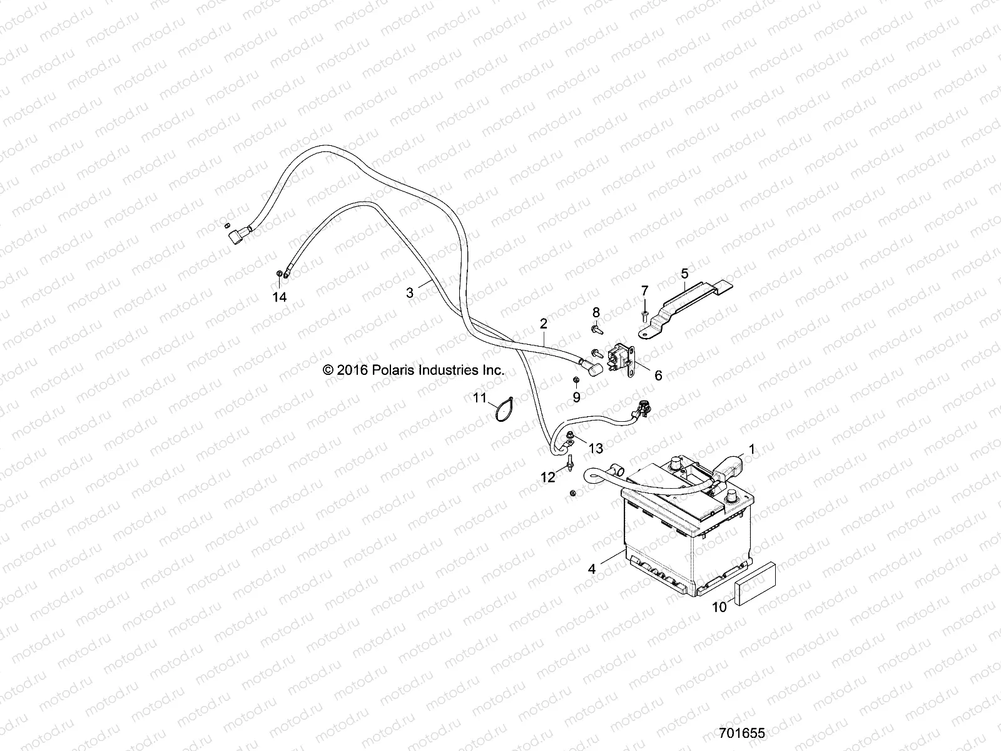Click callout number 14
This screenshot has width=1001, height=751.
click(279, 297)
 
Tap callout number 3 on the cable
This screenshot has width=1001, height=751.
click(410, 292)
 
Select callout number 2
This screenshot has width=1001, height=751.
click(543, 324)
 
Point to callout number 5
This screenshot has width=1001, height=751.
click(684, 273)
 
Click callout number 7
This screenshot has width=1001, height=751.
click(644, 290)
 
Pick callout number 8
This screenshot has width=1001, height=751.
click(596, 312)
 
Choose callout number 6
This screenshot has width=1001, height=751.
click(658, 375)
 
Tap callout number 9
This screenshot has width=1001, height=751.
click(576, 397)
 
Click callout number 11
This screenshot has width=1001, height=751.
click(479, 397)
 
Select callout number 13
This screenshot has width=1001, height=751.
click(596, 448)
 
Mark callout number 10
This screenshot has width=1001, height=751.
click(719, 607)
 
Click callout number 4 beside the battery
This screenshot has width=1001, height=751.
click(592, 570)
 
